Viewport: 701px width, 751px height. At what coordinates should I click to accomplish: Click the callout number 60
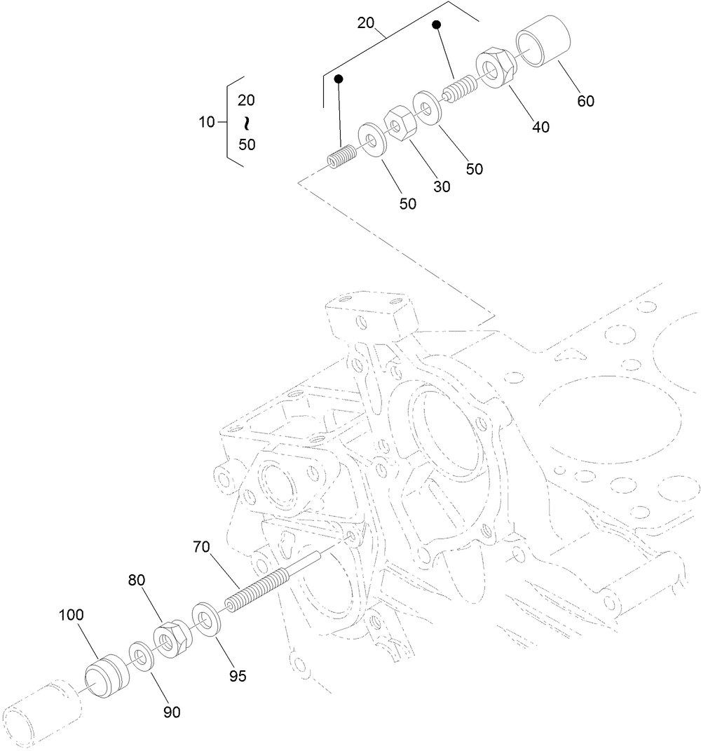[585, 101]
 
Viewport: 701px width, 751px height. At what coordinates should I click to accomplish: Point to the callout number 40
[540, 127]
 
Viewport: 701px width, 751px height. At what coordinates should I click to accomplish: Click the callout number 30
[442, 187]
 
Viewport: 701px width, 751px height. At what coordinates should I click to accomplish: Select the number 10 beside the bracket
[207, 122]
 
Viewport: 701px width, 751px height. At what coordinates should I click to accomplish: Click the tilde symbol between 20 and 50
[246, 123]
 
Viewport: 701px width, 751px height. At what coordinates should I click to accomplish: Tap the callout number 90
[172, 712]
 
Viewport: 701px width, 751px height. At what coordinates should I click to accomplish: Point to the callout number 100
[71, 615]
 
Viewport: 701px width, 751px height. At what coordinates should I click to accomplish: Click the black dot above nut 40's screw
[436, 25]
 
